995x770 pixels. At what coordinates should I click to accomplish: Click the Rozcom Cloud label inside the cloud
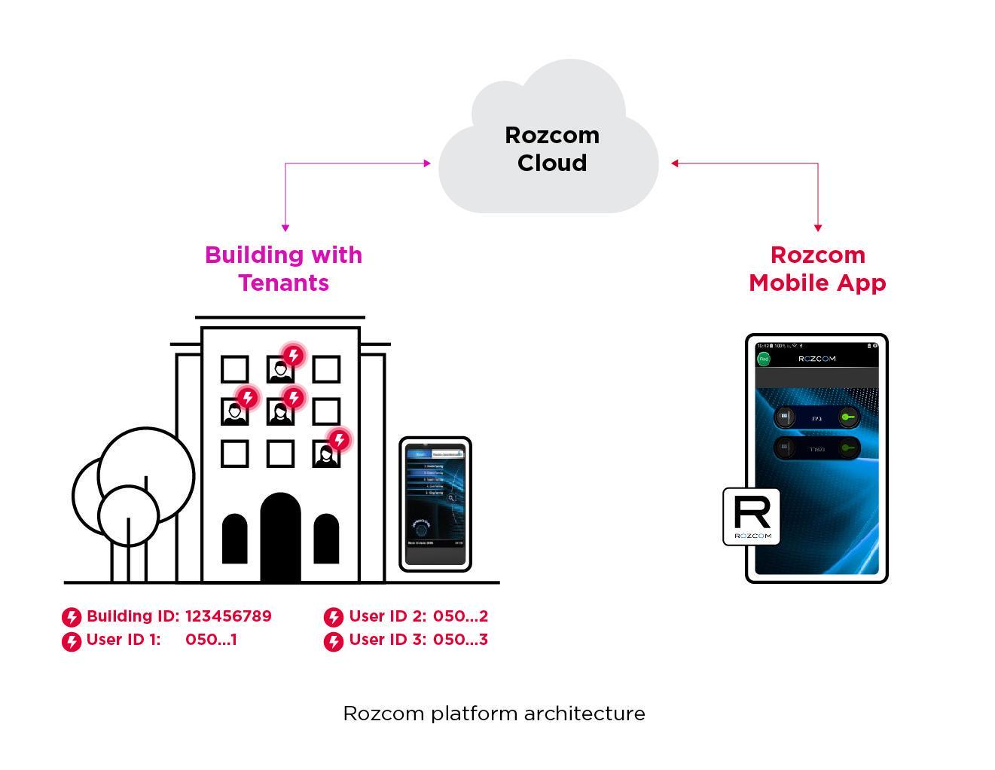coord(551,148)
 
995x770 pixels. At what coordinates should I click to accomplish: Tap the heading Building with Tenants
coord(283,268)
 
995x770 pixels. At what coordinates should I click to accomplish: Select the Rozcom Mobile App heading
coord(817,268)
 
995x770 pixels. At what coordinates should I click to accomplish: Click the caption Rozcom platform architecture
coord(493,713)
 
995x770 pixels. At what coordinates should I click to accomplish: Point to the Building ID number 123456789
coord(228,616)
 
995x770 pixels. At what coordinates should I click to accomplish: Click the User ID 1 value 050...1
coord(211,640)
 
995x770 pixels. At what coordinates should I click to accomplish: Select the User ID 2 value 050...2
coord(460,616)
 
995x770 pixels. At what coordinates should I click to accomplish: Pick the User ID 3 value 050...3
coord(460,640)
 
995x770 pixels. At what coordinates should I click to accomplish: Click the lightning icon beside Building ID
coord(72,618)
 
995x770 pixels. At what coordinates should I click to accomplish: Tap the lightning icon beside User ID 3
coord(334,641)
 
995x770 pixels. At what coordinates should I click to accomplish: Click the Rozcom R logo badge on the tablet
coord(751,517)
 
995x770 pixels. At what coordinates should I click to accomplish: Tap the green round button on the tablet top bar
coord(764,359)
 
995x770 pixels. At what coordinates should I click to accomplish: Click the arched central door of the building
coord(280,538)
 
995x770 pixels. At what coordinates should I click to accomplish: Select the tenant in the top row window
coord(281,370)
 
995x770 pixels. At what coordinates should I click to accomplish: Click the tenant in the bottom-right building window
coord(326,455)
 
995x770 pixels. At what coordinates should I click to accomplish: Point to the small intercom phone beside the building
coord(435,504)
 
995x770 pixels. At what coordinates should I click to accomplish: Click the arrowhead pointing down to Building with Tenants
coord(285,227)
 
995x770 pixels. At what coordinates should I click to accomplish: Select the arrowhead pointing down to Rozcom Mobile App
coord(818,227)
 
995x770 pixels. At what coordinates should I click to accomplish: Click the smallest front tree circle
coord(128,515)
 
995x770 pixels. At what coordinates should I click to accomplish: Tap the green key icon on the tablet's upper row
coord(849,417)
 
